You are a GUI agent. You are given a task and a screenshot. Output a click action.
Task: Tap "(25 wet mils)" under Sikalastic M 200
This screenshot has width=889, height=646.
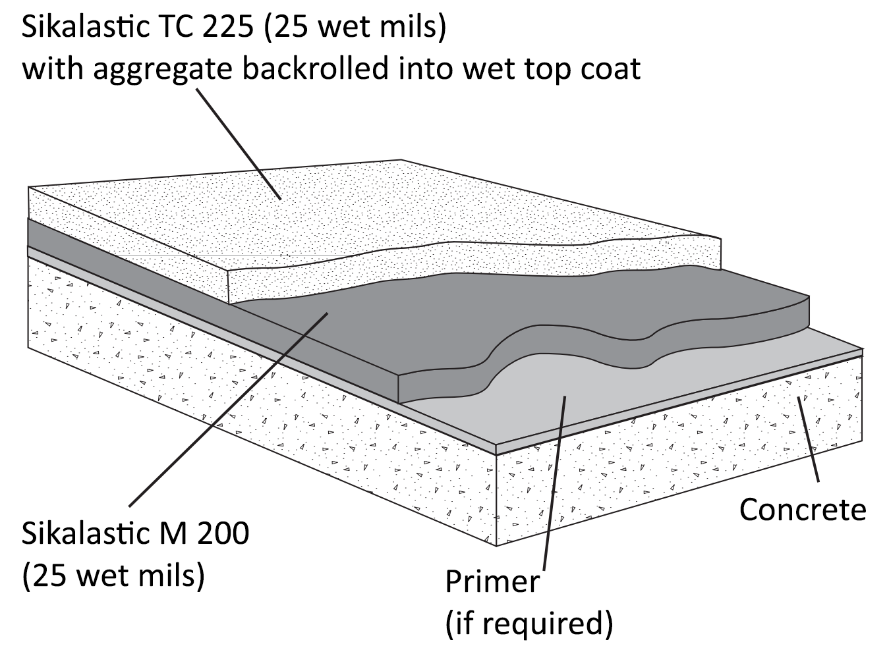[x=113, y=576]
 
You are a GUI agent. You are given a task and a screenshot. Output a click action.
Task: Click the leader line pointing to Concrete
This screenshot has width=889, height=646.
[x=809, y=441]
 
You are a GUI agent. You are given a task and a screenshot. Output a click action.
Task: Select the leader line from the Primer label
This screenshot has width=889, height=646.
[x=554, y=482]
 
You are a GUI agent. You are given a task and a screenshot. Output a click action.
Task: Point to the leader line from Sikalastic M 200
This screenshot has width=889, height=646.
[x=229, y=409]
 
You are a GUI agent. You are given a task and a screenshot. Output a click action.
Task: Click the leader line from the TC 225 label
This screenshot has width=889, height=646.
[x=239, y=144]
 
